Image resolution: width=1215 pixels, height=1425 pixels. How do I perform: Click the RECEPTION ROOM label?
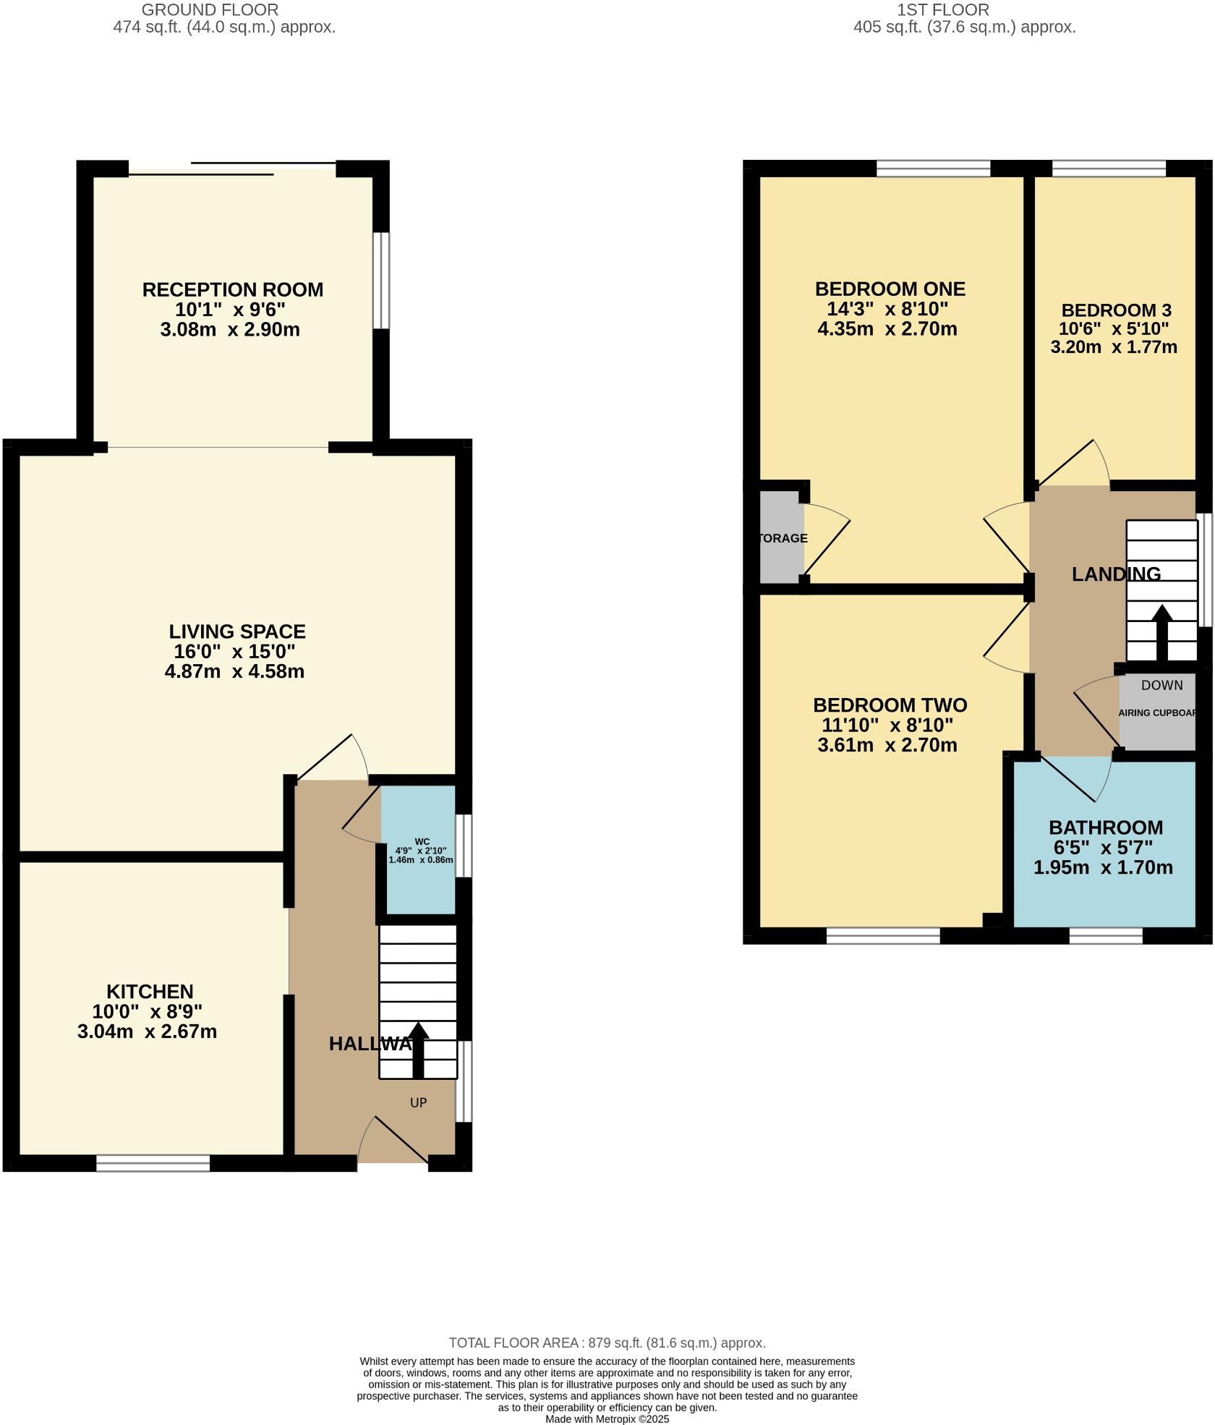(x=232, y=289)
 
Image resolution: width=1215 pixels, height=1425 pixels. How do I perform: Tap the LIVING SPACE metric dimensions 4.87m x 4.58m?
(x=234, y=671)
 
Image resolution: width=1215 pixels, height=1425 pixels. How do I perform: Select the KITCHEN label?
(x=150, y=991)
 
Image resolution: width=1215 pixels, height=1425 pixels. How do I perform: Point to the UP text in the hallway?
(x=418, y=1102)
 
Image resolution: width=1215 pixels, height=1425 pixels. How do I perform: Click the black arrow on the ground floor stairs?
(x=418, y=1049)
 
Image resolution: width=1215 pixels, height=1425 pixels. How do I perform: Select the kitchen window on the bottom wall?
(x=153, y=1162)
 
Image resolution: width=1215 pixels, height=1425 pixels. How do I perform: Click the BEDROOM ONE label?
(x=890, y=289)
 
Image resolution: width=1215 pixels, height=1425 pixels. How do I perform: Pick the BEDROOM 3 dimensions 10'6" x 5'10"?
(x=1114, y=328)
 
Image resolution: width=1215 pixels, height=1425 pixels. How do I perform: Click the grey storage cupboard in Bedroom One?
(x=782, y=537)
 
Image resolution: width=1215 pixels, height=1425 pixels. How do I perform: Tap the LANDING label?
(x=1115, y=574)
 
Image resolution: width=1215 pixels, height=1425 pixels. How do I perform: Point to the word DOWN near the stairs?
(x=1161, y=685)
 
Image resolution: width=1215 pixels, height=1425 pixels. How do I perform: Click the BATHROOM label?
(x=1105, y=828)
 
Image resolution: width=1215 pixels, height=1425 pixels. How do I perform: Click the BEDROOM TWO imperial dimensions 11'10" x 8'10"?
(x=887, y=725)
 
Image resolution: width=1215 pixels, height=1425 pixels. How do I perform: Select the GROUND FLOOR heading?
(x=210, y=10)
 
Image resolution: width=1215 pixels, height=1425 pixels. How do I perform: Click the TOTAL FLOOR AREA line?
(x=607, y=1343)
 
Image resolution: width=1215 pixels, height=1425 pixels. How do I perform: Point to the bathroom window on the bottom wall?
(x=1105, y=936)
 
